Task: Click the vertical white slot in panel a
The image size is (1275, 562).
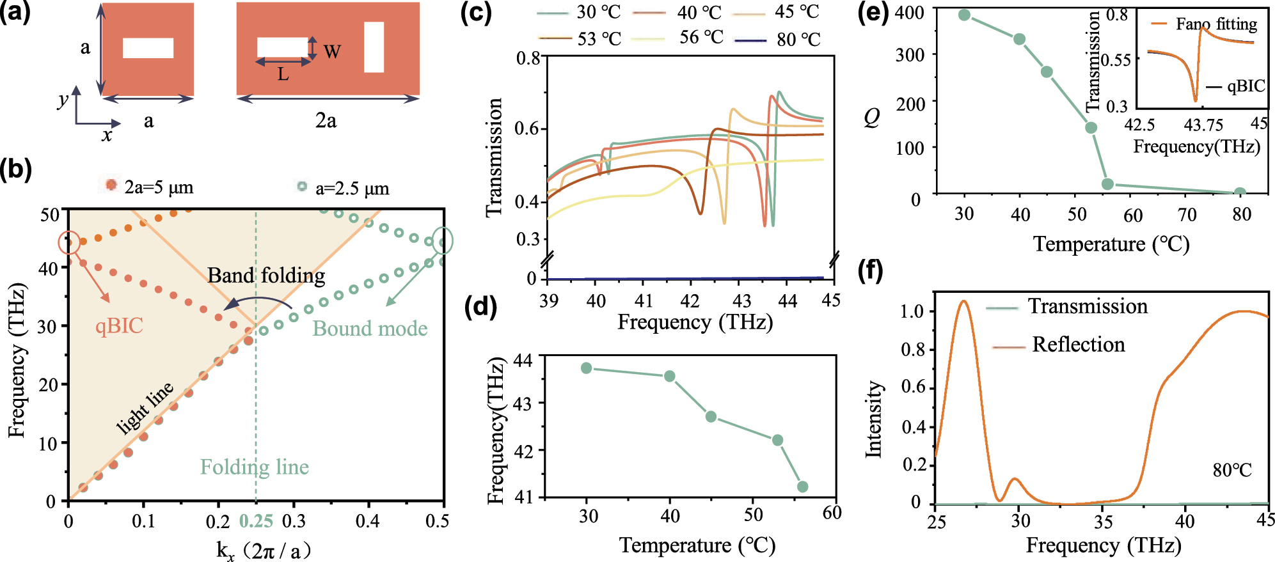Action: click(x=374, y=47)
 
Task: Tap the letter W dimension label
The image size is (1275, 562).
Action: click(x=332, y=52)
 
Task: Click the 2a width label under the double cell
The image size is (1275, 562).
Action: click(x=326, y=120)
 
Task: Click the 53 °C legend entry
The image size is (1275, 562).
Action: click(x=599, y=39)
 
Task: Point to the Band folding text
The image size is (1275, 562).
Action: click(x=266, y=276)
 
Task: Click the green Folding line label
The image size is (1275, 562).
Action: click(x=254, y=467)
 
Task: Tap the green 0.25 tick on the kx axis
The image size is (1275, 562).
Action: click(x=256, y=521)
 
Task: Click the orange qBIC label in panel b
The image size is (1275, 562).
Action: click(x=119, y=326)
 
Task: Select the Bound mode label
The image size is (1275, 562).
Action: click(x=370, y=329)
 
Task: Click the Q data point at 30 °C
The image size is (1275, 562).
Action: click(x=965, y=15)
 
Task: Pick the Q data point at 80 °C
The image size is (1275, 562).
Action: click(x=1240, y=192)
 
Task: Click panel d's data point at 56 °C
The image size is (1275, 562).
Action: click(x=802, y=487)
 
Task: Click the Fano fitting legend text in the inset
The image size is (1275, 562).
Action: click(x=1216, y=24)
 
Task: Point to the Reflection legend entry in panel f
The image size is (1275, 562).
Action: click(x=1078, y=345)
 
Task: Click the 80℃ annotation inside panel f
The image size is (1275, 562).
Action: click(x=1231, y=471)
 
